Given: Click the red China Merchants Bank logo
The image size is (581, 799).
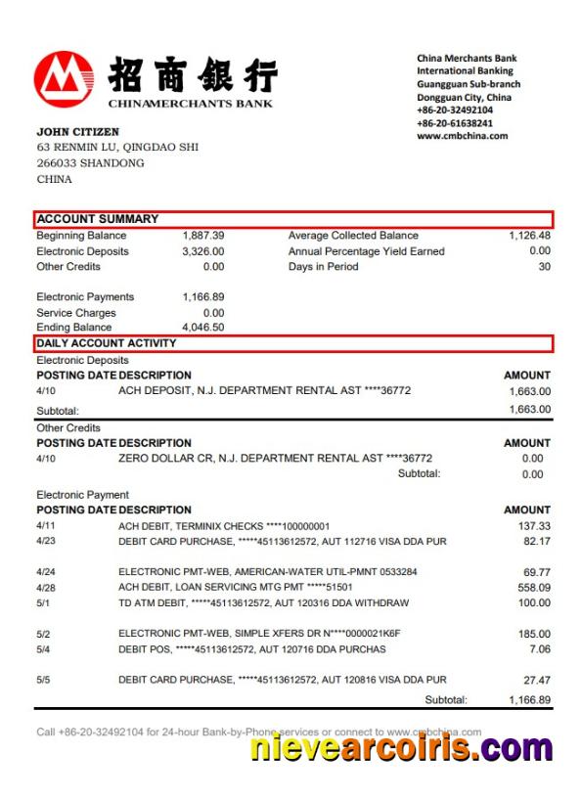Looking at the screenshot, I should pyautogui.click(x=65, y=80).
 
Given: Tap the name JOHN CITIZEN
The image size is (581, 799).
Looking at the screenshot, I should pyautogui.click(x=77, y=132).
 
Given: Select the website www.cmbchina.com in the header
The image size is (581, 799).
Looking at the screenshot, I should pyautogui.click(x=463, y=137).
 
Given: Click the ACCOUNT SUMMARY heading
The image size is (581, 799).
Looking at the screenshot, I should pyautogui.click(x=98, y=219).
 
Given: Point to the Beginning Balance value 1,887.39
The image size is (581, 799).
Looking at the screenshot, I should pyautogui.click(x=203, y=236).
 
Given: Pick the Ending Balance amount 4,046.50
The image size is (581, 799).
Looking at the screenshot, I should pyautogui.click(x=203, y=328).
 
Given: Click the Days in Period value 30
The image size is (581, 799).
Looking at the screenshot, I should pyautogui.click(x=544, y=267).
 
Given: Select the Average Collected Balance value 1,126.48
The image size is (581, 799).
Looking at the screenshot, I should pyautogui.click(x=529, y=236).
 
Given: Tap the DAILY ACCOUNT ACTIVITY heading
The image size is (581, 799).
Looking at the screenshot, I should pyautogui.click(x=107, y=343).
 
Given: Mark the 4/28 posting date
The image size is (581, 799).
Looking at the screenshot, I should pyautogui.click(x=46, y=588).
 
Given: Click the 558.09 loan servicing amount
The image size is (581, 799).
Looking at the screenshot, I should pyautogui.click(x=533, y=588).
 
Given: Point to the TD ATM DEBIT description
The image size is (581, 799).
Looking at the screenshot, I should pyautogui.click(x=263, y=603).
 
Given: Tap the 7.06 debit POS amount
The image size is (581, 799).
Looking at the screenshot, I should pyautogui.click(x=539, y=649).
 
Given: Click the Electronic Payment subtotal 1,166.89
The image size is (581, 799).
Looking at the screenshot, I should pyautogui.click(x=529, y=700).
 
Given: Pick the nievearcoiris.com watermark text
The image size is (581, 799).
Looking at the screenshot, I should pyautogui.click(x=400, y=749).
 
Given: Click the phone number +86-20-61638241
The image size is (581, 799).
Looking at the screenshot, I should pyautogui.click(x=455, y=124).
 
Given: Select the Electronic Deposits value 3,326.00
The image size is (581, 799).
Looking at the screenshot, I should pyautogui.click(x=203, y=251).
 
